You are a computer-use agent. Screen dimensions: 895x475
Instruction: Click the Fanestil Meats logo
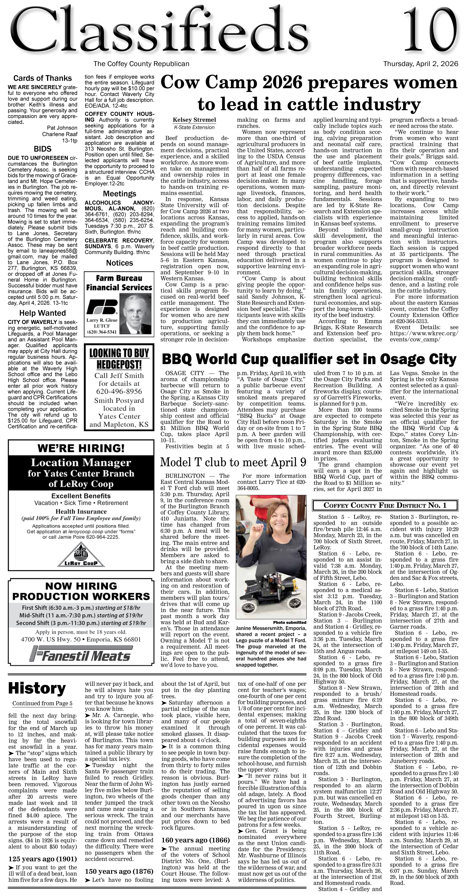(x=81, y=654)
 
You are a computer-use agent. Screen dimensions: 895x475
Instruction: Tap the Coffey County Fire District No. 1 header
(x=385, y=505)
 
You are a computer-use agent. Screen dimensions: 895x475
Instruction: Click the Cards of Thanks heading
(x=42, y=78)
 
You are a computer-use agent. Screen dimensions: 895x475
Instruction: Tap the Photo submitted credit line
(x=290, y=622)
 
